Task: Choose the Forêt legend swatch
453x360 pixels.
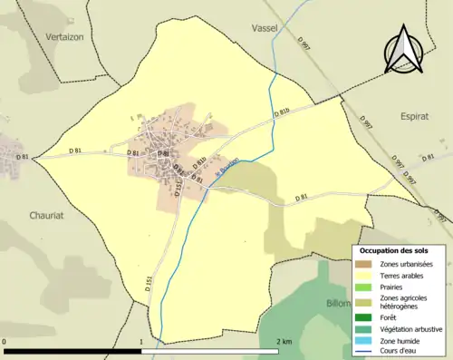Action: (x=366, y=317)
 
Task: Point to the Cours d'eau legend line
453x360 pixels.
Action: (x=366, y=350)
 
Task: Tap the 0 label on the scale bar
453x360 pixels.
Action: (x=5, y=342)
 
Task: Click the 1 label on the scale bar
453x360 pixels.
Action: (x=142, y=342)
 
